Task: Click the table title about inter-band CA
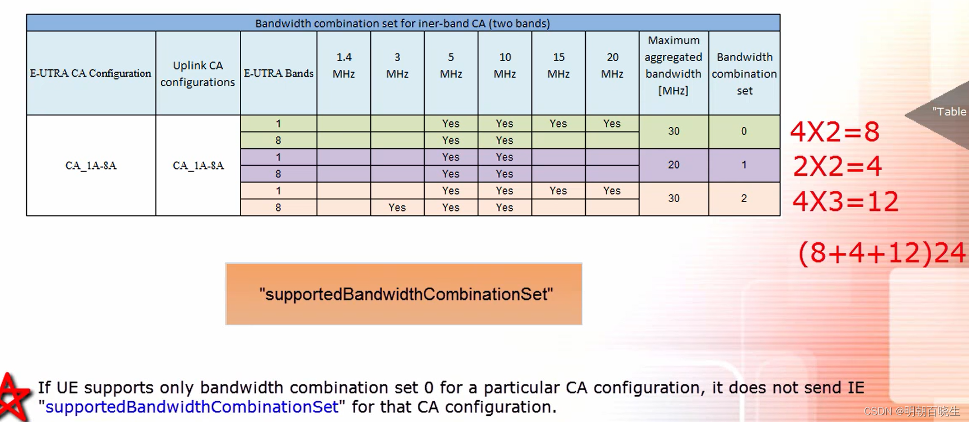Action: (403, 24)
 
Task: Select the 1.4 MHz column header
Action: (344, 65)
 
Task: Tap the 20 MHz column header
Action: (612, 65)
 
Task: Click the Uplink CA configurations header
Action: (197, 73)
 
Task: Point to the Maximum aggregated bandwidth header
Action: (673, 65)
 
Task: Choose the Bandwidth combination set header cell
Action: (744, 73)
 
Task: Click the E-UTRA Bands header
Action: (279, 73)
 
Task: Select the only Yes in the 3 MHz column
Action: (397, 208)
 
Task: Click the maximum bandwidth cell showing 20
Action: (674, 165)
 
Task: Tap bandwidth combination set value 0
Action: (744, 132)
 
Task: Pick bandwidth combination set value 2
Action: (744, 199)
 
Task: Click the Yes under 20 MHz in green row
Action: (612, 124)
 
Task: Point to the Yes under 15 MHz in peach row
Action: (558, 191)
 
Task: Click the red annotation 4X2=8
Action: (835, 132)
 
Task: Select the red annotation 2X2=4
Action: (838, 166)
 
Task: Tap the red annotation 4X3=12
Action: (845, 201)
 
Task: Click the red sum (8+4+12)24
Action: (882, 253)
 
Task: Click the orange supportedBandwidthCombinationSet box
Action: (403, 294)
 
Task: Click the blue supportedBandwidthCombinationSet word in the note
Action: (192, 407)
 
